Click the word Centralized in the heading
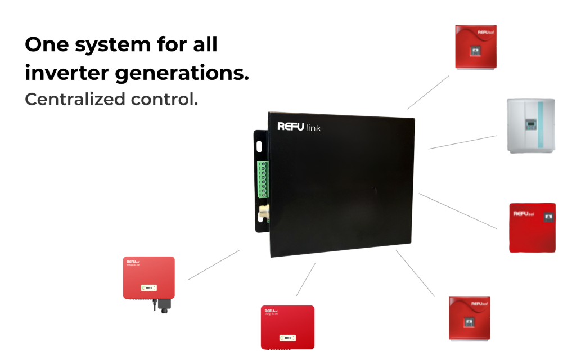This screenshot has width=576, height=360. (75, 100)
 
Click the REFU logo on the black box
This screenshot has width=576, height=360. (290, 126)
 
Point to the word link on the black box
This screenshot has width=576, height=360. (313, 128)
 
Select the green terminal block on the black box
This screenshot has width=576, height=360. (262, 179)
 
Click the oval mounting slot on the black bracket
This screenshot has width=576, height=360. (259, 145)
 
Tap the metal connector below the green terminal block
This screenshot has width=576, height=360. (262, 214)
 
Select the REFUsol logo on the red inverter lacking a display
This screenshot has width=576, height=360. (523, 214)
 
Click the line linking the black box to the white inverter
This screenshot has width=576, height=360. (462, 142)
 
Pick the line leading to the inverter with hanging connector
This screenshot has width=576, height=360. (214, 265)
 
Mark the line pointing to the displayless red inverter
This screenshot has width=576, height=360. (458, 211)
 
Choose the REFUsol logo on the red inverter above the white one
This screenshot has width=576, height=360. (485, 33)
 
